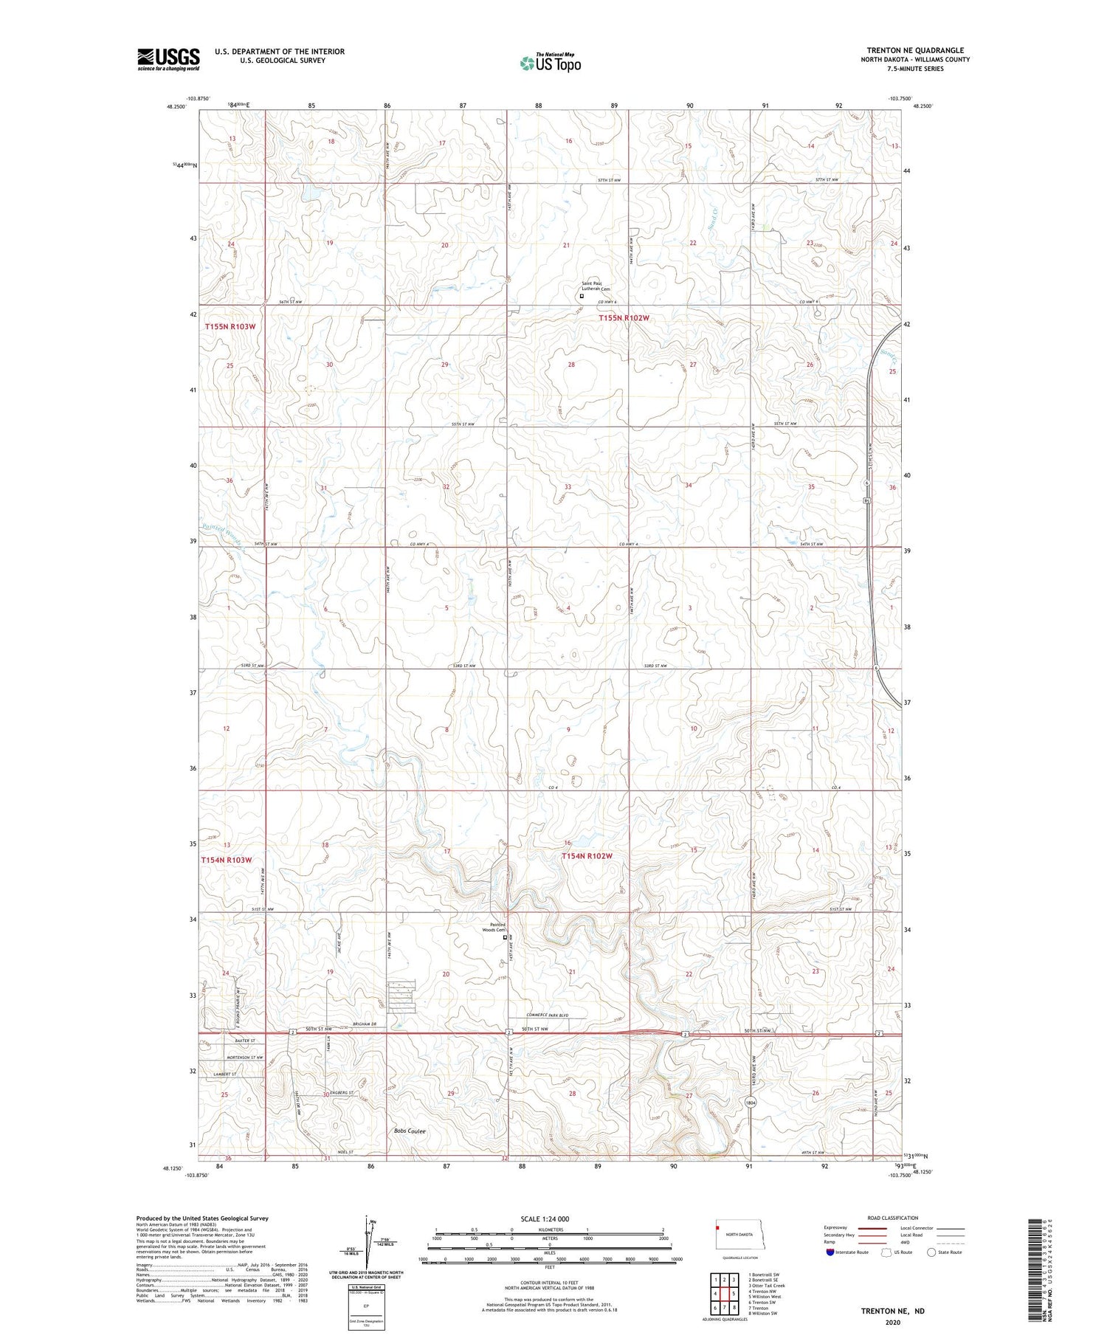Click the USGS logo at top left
coord(168,59)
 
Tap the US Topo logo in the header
coord(551,63)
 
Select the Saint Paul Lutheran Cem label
coord(596,286)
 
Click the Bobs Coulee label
coord(410,1131)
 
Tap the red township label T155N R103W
coord(230,326)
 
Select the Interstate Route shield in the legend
coord(830,1252)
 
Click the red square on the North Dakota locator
coord(717,1228)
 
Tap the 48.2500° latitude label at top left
coord(176,106)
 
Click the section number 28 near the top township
coord(571,365)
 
